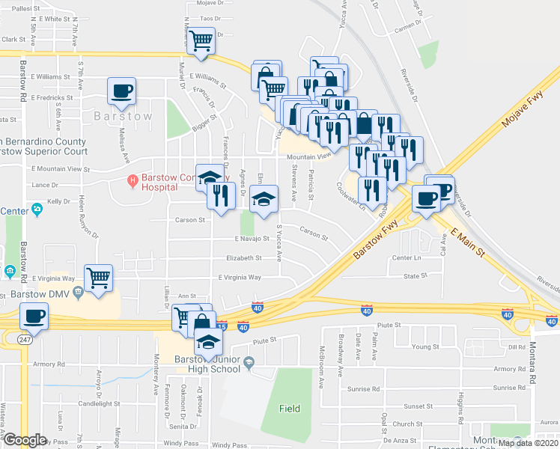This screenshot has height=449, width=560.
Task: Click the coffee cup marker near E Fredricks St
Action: coord(122,91)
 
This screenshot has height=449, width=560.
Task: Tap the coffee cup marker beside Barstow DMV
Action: coord(34,317)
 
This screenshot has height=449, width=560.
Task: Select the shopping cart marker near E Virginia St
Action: coord(99,278)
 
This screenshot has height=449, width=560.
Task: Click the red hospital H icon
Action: coord(133,180)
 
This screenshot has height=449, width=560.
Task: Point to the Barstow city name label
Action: coord(124,117)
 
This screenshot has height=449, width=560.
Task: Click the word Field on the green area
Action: coord(290,409)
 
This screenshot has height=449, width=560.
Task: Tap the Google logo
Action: coord(25,440)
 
